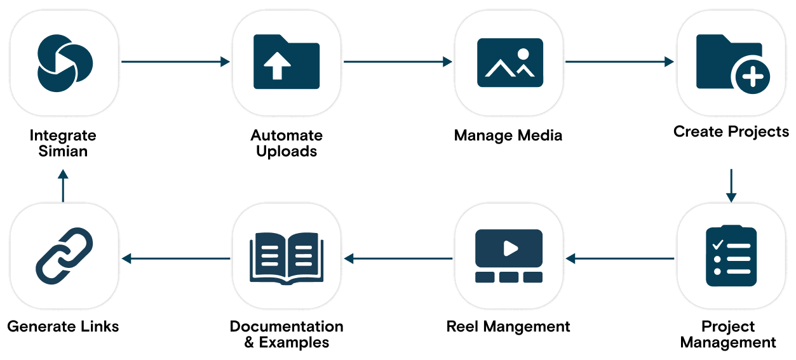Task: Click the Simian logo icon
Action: (65, 63)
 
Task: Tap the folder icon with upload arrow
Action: (287, 62)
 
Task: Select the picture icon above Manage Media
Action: (510, 62)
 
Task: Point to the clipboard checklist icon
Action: (731, 256)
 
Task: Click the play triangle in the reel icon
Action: (511, 248)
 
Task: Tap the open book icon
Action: (287, 258)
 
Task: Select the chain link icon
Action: (64, 256)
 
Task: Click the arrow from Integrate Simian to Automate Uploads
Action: (175, 62)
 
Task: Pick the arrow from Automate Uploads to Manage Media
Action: (398, 62)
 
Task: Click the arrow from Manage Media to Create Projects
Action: (620, 62)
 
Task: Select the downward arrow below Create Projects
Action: (731, 185)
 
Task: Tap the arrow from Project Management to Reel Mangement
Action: (620, 258)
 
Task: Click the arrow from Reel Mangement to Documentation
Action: (398, 258)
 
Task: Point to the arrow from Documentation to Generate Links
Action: (175, 258)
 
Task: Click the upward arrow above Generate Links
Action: (63, 185)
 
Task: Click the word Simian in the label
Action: (63, 151)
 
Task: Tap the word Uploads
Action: (287, 152)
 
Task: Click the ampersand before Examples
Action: (249, 343)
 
